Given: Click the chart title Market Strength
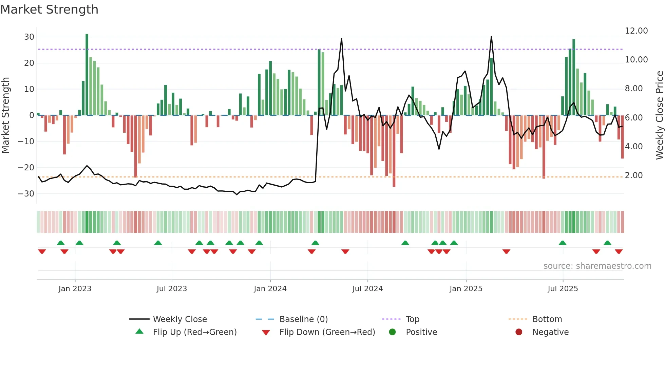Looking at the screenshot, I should point(49,10).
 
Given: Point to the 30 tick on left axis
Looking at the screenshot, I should point(29,37).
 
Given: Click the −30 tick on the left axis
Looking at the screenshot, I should point(26,194).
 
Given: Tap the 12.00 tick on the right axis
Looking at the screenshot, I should point(636,31).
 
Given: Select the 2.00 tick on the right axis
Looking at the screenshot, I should point(633,175).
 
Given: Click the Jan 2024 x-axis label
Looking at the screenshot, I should point(270,289).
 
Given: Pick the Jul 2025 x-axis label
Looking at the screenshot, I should point(563,289).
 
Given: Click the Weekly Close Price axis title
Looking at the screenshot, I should point(659,115).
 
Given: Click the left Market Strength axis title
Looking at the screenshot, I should point(6,115).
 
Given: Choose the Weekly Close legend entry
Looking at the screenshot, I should point(179,319).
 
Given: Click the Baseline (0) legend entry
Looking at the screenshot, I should point(303,319).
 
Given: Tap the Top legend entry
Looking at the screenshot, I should point(412,319).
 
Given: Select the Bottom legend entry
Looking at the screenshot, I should point(547,319).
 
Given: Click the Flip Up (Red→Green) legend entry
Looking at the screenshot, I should point(194,332).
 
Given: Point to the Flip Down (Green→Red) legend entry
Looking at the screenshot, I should point(327,332).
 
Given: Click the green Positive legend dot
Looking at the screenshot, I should point(392,332).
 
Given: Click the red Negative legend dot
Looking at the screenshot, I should point(519,332).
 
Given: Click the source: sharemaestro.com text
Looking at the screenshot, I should point(597,266).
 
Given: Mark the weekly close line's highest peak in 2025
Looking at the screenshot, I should point(491,37).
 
